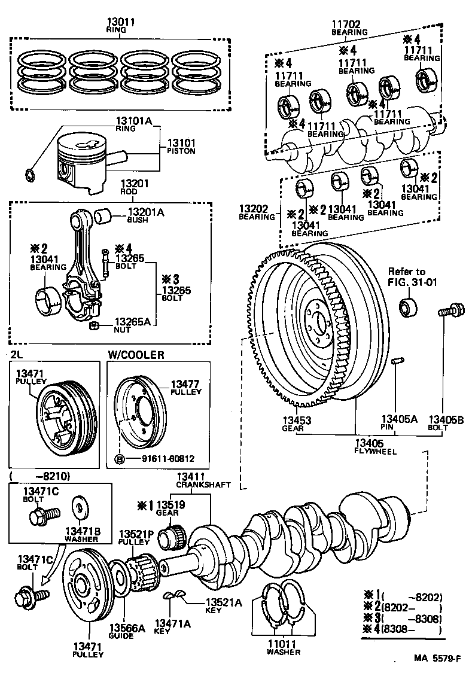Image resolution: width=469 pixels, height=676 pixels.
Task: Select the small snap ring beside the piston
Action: coord(29,175)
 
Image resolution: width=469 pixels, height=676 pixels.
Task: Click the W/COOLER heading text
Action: coord(136,355)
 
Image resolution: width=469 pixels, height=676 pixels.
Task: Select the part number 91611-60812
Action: coord(160,459)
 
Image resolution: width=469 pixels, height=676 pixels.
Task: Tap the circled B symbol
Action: coord(119,459)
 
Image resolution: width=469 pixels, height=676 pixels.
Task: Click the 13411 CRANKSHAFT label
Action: coord(203,480)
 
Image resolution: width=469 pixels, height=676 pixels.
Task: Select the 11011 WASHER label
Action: coord(284,647)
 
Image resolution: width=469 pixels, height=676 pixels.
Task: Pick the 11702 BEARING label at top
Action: coord(346,28)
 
